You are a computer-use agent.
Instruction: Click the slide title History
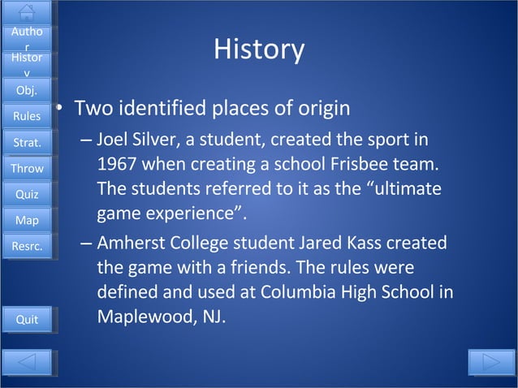tap(259, 50)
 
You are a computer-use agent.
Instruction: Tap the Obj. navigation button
tap(27, 90)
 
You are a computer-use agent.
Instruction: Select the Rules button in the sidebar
tap(27, 117)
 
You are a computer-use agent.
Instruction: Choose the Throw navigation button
tap(27, 169)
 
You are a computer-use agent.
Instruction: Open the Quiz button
tap(27, 195)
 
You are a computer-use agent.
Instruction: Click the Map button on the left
tap(27, 220)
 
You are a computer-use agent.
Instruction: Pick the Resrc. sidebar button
tap(27, 246)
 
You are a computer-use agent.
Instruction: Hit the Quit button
tap(27, 320)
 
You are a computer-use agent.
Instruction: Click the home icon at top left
tap(27, 11)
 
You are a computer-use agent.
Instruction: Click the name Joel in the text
tap(113, 139)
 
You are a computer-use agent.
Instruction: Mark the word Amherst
tap(131, 244)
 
